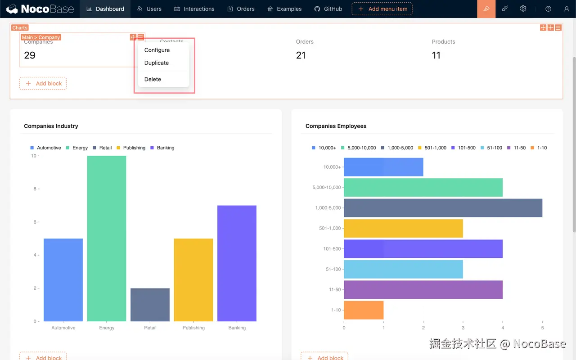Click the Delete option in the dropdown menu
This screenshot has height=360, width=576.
pyautogui.click(x=153, y=79)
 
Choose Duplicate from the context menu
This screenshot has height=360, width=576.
pyautogui.click(x=157, y=63)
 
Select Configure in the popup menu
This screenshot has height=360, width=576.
pyautogui.click(x=157, y=50)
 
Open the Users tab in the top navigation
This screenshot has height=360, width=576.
pyautogui.click(x=149, y=9)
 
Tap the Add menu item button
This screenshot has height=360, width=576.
pyautogui.click(x=382, y=9)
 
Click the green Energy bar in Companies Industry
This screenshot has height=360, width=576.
pyautogui.click(x=107, y=238)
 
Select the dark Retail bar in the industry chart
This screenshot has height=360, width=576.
pyautogui.click(x=150, y=305)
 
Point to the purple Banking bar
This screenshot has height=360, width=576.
pyautogui.click(x=237, y=263)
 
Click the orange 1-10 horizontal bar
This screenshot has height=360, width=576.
pyautogui.click(x=364, y=310)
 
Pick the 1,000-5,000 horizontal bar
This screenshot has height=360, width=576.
pyautogui.click(x=443, y=208)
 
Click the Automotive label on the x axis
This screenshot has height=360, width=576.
pyautogui.click(x=63, y=328)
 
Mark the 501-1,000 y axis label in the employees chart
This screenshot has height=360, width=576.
pyautogui.click(x=330, y=228)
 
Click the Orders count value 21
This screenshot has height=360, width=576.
pyautogui.click(x=301, y=55)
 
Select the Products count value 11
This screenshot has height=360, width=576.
pyautogui.click(x=436, y=55)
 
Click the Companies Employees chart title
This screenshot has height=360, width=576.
pyautogui.click(x=336, y=126)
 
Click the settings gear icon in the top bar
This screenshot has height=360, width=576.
pyautogui.click(x=523, y=9)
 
